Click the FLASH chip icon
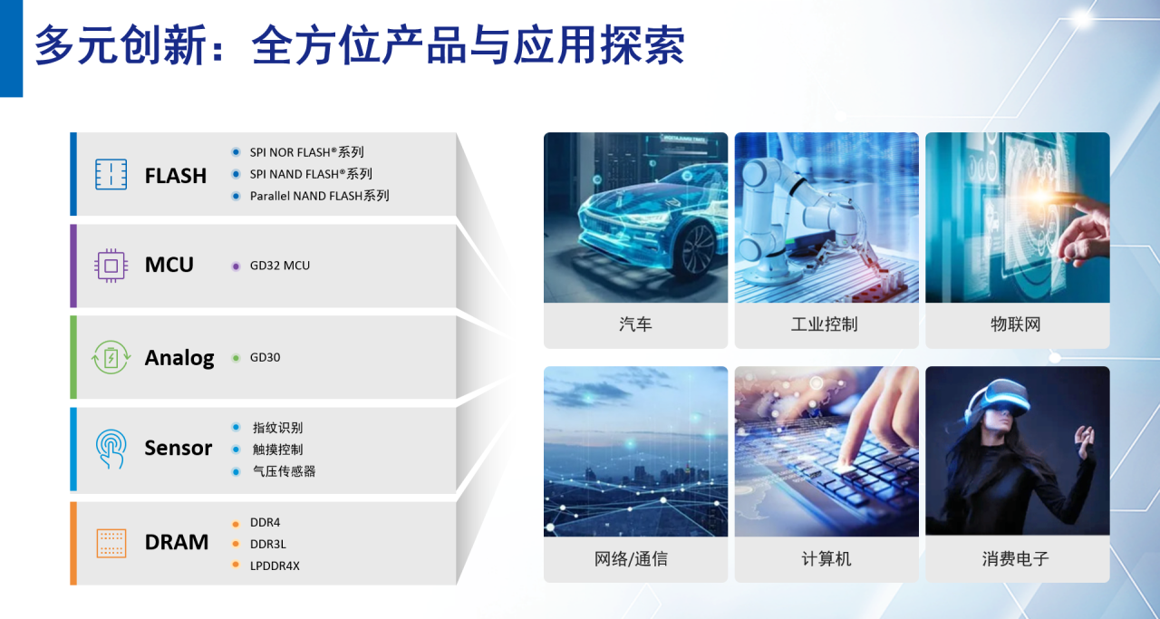coord(111,174)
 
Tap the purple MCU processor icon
coord(111,266)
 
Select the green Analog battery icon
coord(111,357)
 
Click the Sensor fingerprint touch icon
coord(111,449)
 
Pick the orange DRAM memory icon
coord(111,544)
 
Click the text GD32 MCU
coord(280,266)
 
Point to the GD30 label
coord(265,357)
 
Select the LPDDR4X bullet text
coord(275,566)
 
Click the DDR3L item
coord(267,544)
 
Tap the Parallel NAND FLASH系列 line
coord(319,196)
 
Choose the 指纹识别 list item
coord(277,428)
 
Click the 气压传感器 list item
coord(284,471)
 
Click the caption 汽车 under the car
coord(635,324)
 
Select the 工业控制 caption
coord(825,324)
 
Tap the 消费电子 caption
coord(1016,559)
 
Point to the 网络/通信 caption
coord(631,559)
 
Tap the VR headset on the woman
coord(997,399)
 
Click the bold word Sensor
coord(179,448)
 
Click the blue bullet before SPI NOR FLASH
coord(236,152)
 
